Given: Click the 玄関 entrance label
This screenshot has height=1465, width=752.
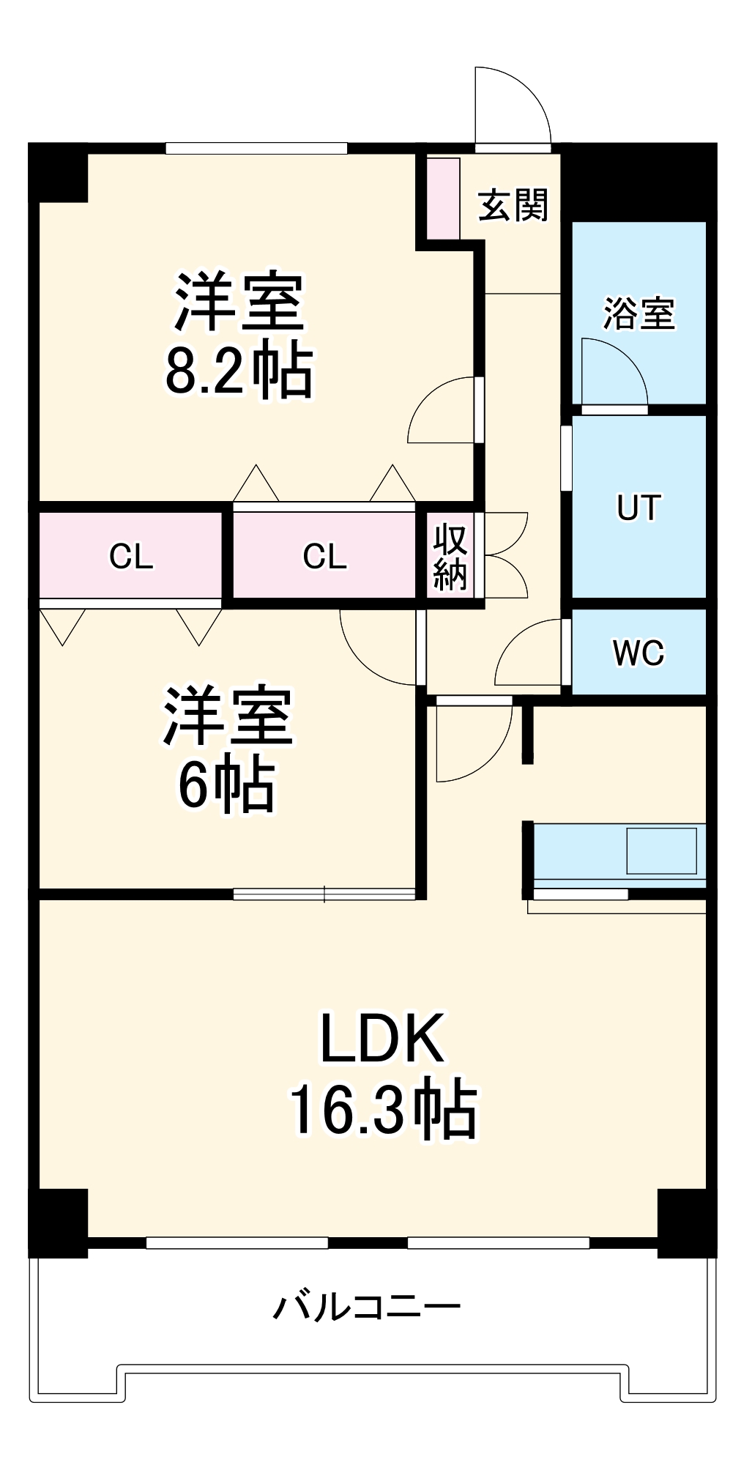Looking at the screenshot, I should tap(513, 206).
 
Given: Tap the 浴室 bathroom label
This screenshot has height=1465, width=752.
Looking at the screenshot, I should tap(639, 314).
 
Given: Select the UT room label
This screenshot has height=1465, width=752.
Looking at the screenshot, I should tap(639, 508).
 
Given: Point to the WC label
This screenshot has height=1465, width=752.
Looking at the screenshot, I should tap(639, 653).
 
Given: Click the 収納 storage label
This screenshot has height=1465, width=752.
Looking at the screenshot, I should tap(450, 557).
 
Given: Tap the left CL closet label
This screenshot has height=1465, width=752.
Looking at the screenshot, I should tap(131, 557).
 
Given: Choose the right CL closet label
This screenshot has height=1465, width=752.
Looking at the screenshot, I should tap(324, 557).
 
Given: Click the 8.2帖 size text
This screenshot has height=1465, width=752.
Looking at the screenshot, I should tap(239, 371).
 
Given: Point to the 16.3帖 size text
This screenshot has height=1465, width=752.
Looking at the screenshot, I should tap(384, 1110).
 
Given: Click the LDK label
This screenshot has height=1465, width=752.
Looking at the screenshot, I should tap(382, 1039).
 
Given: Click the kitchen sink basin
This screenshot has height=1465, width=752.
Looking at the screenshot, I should tap(661, 850).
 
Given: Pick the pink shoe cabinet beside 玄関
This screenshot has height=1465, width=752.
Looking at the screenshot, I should tap(443, 198).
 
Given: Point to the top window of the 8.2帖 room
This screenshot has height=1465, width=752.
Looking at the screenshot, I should tap(256, 149).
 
